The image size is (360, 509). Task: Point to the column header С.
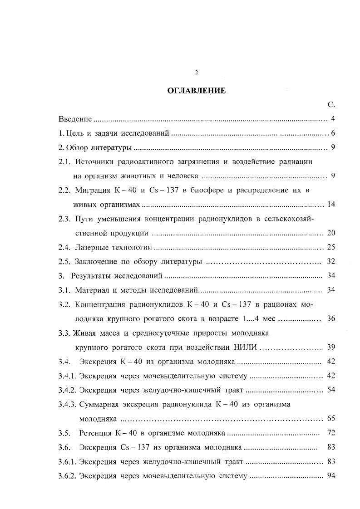point(331,105)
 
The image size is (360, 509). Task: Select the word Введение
point(75,119)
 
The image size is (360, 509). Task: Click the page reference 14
point(331,205)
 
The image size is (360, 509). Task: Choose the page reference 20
point(331,233)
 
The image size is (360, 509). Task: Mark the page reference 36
point(331,319)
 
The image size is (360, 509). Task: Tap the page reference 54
point(331,390)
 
